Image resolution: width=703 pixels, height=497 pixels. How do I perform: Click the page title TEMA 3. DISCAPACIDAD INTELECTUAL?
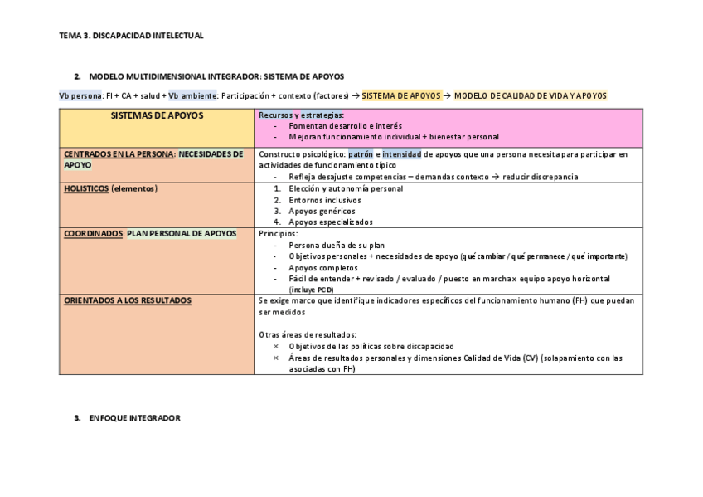point(131,36)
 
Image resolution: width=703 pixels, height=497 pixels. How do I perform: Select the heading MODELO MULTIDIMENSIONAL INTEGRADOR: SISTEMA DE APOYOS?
point(216,76)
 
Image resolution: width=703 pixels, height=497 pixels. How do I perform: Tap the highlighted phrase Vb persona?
point(80,95)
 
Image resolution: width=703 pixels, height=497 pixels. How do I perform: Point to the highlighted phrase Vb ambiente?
point(192,95)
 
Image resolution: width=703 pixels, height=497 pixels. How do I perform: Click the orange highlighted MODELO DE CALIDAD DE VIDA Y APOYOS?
point(531,95)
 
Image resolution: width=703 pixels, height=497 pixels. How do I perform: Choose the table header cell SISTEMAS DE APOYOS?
point(157,115)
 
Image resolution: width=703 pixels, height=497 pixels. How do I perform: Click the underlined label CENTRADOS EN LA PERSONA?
point(119,153)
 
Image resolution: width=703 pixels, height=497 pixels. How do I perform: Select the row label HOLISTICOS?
point(86,188)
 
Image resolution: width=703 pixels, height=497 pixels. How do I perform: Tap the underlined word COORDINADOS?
point(94,233)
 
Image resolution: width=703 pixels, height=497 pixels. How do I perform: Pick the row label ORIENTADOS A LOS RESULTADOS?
point(128,300)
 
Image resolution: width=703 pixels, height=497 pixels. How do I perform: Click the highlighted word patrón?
point(361,153)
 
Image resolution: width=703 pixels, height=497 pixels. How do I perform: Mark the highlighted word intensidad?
point(401,153)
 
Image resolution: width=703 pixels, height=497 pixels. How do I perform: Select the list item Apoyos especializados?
point(331,222)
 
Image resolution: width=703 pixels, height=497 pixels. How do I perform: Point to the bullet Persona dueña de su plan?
point(337,245)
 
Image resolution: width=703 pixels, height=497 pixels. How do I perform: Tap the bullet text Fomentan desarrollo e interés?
point(345,125)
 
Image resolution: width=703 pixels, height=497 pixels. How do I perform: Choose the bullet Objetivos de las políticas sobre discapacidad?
point(371,346)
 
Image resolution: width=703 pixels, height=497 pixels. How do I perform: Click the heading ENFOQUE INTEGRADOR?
point(134,418)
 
